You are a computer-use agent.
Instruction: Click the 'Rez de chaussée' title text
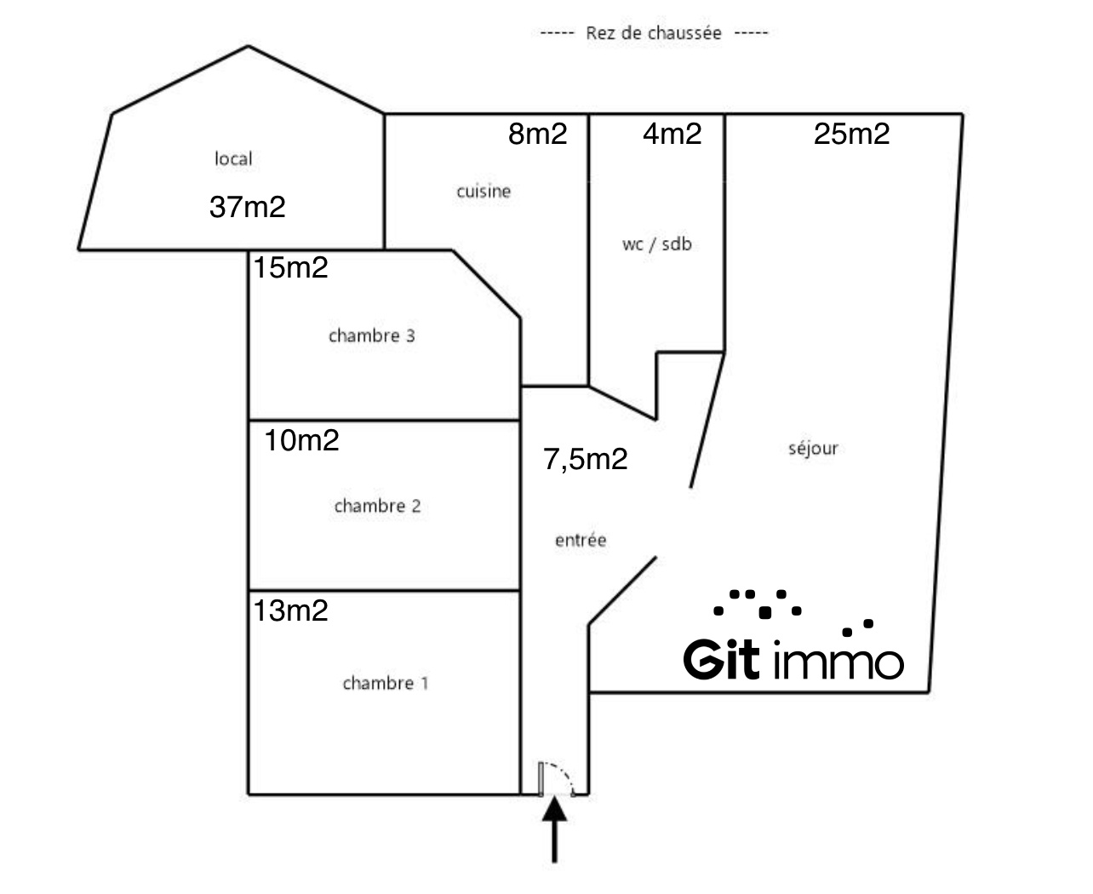coord(653,33)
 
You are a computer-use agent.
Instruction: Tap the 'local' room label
coord(233,158)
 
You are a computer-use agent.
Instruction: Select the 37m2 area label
coord(247,207)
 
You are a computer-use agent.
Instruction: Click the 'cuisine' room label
coord(484,192)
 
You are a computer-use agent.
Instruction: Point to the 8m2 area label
coord(537,134)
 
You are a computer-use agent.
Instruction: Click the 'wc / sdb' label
coord(656,244)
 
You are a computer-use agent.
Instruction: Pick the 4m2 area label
coord(672,134)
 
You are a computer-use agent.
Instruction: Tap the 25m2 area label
coord(851,134)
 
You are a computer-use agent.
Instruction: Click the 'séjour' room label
coord(813,448)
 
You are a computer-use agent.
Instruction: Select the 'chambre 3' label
coord(371,335)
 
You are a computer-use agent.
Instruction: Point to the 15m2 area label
coord(290,268)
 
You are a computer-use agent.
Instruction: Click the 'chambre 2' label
coord(377,506)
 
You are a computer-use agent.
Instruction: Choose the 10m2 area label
coord(301,440)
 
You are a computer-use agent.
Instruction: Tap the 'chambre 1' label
coord(386,683)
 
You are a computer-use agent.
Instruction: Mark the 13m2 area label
coord(290,610)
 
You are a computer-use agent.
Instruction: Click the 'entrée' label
coord(581,540)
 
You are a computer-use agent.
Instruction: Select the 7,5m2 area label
coord(586,459)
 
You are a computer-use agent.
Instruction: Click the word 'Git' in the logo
coord(721,660)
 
